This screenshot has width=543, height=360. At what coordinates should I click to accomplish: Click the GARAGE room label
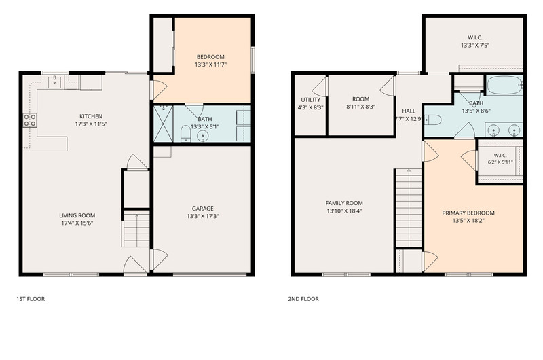tap(202, 209)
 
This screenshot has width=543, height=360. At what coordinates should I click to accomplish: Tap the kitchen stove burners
tap(30, 120)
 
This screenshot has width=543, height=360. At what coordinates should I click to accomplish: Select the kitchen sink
tap(55, 82)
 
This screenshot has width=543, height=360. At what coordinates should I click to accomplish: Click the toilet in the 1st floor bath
tap(185, 134)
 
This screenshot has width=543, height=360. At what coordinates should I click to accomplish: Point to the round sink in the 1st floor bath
tap(202, 137)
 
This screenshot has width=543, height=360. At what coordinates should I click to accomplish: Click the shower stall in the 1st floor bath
tap(163, 124)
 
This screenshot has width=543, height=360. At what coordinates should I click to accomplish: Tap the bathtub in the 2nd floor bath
tap(504, 85)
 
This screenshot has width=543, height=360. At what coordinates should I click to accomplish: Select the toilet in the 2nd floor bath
tap(433, 120)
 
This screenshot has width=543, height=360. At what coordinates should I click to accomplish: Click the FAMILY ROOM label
tap(344, 203)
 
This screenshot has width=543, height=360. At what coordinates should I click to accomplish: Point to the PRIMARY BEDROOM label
tap(468, 213)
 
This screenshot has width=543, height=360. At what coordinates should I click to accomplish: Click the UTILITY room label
tap(311, 100)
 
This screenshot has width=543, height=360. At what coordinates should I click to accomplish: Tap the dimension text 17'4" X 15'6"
tap(77, 223)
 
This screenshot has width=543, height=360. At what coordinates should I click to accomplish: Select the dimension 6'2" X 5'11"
tap(500, 162)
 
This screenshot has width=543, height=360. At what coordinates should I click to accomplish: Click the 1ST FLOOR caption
tap(31, 299)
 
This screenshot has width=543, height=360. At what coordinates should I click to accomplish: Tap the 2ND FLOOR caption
tap(303, 299)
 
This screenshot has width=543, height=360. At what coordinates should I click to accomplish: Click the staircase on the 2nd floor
tap(409, 208)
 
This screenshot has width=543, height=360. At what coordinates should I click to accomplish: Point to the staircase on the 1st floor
tap(136, 229)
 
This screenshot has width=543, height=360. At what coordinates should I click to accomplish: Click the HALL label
tap(409, 111)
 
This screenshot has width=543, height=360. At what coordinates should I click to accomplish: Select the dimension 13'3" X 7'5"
tap(474, 46)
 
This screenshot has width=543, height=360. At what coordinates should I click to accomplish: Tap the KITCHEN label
tap(91, 116)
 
